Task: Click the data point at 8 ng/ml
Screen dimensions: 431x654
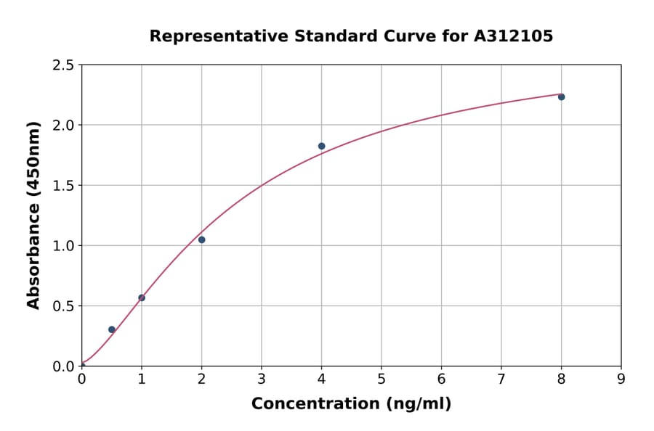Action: coord(561,97)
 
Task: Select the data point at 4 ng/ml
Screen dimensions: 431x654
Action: coord(321,146)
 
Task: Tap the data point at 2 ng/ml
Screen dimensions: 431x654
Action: coord(201,239)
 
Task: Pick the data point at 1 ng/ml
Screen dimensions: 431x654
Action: coord(142,297)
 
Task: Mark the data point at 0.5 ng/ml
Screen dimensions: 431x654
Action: coord(112,329)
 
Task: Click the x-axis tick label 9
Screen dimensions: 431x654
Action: coord(621,379)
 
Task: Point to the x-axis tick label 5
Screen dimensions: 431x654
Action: coord(381,379)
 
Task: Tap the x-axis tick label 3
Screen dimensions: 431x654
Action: coord(262,379)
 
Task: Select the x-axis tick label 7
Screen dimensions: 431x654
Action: coord(501,379)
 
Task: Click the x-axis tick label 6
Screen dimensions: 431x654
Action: coord(441,379)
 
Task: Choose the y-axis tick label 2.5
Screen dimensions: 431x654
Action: coord(64,65)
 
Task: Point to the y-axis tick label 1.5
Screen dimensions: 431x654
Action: coord(64,186)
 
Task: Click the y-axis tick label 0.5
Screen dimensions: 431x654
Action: coord(64,306)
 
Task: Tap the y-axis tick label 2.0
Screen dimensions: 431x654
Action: coord(64,126)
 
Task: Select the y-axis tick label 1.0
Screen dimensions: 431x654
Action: coord(64,246)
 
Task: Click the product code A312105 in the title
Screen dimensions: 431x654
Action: coord(513,36)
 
